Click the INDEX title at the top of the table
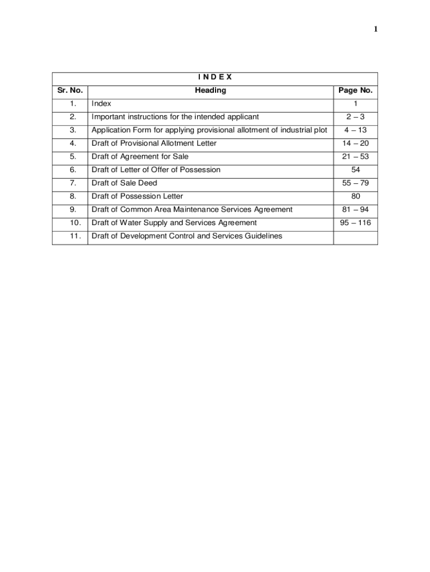point(215,78)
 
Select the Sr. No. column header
point(70,90)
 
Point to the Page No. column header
point(355,90)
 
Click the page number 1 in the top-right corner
point(376,30)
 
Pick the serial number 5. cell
point(73,157)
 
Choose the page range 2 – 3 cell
point(356,117)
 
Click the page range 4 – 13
point(356,130)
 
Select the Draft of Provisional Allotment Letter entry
point(154,144)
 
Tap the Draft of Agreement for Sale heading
point(140,157)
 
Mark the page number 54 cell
point(356,170)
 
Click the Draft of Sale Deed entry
point(125,183)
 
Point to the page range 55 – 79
point(356,183)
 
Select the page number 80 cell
point(356,197)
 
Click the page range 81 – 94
point(356,209)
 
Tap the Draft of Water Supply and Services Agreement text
point(174,223)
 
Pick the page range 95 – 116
point(356,223)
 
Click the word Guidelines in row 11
point(264,236)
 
